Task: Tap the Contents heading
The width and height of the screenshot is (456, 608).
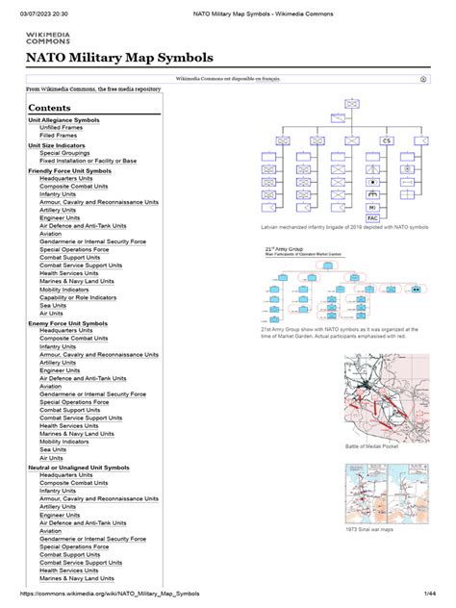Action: pyautogui.click(x=49, y=109)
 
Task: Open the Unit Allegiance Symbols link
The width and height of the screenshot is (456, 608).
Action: pyautogui.click(x=63, y=120)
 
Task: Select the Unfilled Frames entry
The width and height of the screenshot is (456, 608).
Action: pyautogui.click(x=61, y=128)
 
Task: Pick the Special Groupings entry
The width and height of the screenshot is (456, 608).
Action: pyautogui.click(x=63, y=153)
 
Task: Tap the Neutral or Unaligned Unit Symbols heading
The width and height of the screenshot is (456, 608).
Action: pyautogui.click(x=79, y=468)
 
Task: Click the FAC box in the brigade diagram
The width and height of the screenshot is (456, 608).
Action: pyautogui.click(x=372, y=218)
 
